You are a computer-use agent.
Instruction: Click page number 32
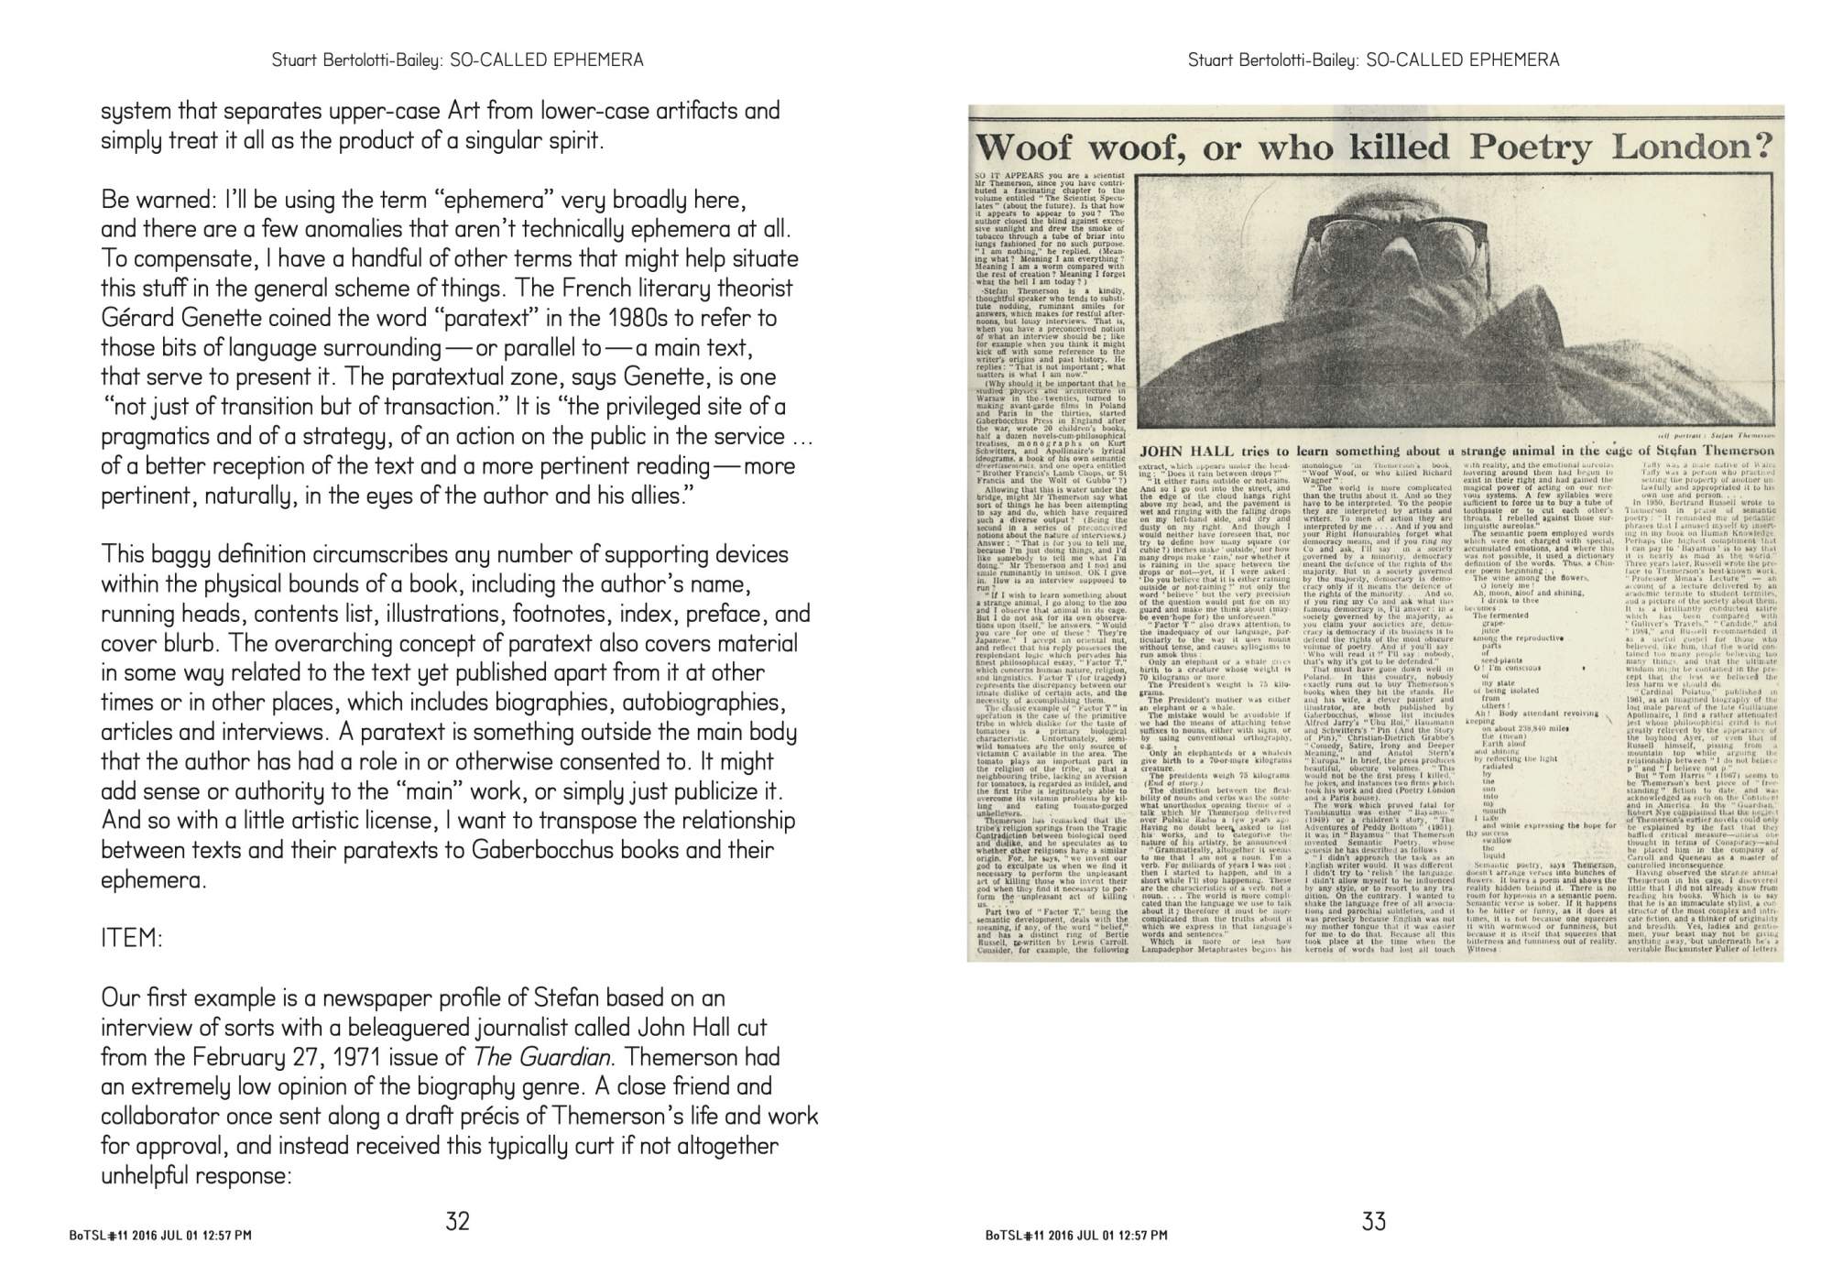(x=457, y=1221)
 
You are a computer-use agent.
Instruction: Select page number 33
(x=1373, y=1221)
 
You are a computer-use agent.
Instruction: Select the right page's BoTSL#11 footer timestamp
(x=1076, y=1235)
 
